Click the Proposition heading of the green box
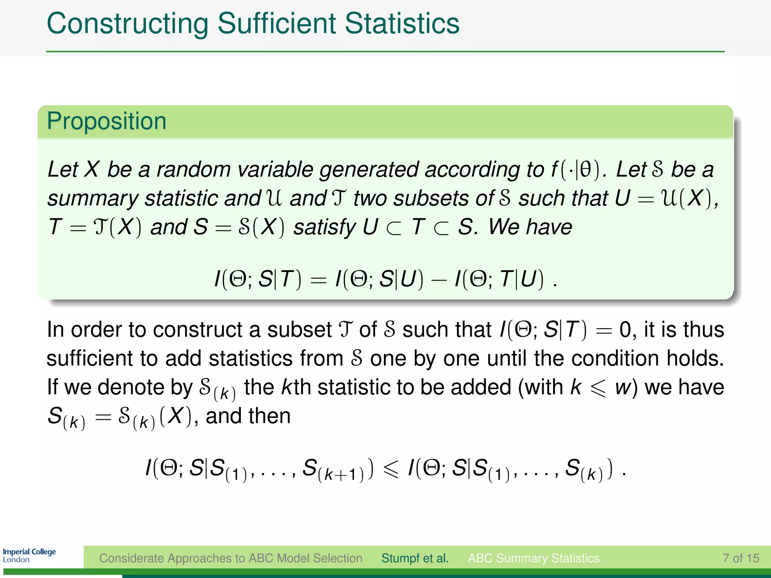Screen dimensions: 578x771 click(107, 121)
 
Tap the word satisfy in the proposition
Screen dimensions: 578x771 click(324, 227)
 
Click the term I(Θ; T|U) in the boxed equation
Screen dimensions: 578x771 click(499, 279)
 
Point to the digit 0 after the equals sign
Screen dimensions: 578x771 click(625, 330)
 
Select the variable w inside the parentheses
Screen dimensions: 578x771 click(623, 388)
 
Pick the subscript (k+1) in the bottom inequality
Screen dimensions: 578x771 click(341, 475)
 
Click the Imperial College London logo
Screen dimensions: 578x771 click(29, 555)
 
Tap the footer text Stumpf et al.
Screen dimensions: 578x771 click(415, 558)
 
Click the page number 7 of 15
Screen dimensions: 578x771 click(741, 558)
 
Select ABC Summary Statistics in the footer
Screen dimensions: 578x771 click(533, 558)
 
